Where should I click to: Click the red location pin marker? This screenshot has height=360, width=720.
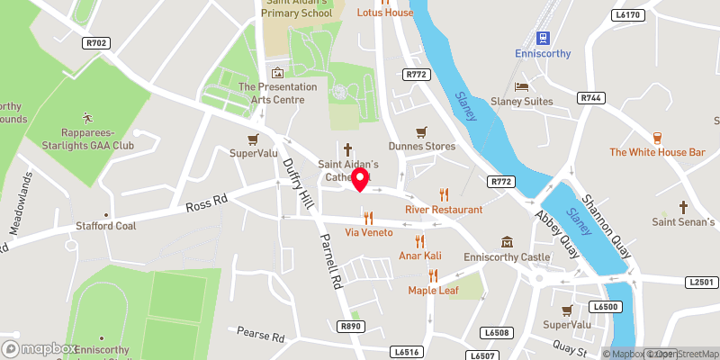(x=360, y=178)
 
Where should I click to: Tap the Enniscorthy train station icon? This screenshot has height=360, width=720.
(x=543, y=37)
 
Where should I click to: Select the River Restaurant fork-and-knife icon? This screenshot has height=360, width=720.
(x=443, y=194)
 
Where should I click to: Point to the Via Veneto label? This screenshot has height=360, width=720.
(x=370, y=232)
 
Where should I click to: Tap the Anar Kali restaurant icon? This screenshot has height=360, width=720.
(x=418, y=240)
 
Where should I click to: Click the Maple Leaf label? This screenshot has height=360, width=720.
(x=433, y=290)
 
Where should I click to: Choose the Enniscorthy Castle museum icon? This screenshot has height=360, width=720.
(x=508, y=242)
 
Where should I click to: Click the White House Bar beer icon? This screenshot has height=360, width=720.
(x=657, y=138)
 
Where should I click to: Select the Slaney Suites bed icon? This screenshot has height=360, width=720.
(x=521, y=86)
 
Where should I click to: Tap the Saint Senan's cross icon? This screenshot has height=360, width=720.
(x=683, y=207)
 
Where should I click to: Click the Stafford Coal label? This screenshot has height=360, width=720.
(x=106, y=226)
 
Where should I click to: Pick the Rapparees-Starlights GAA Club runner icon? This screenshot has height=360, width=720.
(x=87, y=117)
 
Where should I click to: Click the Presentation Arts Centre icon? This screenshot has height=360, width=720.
(x=277, y=72)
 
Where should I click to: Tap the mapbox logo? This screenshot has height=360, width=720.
(x=40, y=348)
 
